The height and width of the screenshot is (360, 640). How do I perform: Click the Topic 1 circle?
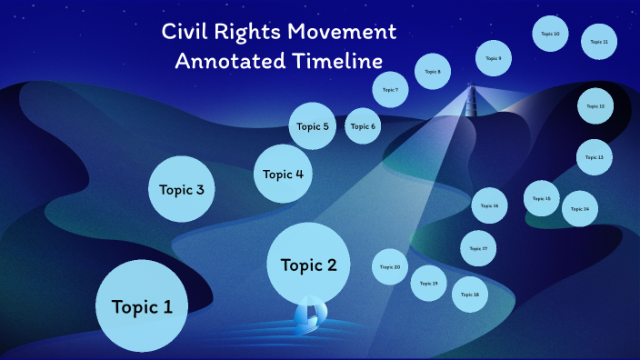point(141,306)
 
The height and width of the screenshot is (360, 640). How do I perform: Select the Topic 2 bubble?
point(308,265)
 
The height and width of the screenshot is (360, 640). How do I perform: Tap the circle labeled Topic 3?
point(187,190)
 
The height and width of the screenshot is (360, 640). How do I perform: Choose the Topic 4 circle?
point(284,174)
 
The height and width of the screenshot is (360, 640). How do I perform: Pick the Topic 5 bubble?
point(314,126)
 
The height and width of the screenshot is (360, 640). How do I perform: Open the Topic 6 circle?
point(362,126)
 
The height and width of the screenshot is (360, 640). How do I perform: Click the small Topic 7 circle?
point(390,90)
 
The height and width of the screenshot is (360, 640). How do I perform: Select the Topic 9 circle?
point(493,59)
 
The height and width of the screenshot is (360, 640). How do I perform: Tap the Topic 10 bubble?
point(550,34)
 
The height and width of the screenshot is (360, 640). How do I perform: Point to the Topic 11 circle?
point(599,42)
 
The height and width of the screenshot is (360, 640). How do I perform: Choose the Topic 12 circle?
point(595,106)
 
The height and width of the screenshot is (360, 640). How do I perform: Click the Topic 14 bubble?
point(579,209)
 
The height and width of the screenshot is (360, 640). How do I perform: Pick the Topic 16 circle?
point(489,205)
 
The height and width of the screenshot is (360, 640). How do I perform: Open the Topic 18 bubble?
point(470,295)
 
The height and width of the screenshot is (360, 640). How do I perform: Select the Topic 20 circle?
point(390,267)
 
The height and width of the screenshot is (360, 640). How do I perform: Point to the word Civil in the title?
point(185,32)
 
